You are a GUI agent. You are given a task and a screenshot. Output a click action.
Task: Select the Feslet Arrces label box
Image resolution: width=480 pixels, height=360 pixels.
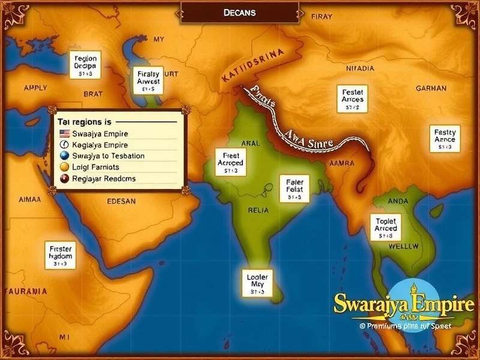(353, 98)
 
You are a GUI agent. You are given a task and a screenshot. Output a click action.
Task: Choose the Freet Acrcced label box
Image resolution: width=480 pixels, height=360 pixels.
(230, 163)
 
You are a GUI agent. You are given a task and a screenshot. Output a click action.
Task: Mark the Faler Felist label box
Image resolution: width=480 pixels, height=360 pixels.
(294, 189)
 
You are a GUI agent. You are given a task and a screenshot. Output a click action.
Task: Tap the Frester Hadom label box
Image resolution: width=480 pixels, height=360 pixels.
(60, 254)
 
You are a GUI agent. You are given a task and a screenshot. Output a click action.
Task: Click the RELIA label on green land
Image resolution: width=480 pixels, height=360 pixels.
(258, 211)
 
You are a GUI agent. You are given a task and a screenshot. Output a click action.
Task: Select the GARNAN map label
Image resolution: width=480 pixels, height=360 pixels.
(431, 88)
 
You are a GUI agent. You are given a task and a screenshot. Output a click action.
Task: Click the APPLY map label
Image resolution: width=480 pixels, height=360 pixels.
(27, 87)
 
